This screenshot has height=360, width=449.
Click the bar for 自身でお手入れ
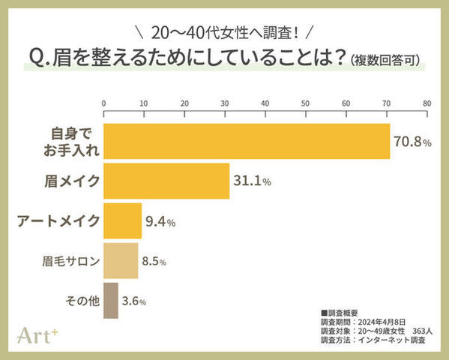tap(247, 142)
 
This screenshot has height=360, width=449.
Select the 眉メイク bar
tap(166, 181)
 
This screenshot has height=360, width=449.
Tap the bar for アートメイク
tap(122, 221)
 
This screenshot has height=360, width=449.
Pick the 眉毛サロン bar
tap(121, 261)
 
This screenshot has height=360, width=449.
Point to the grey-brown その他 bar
tap(111, 301)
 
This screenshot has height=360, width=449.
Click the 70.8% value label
tap(412, 142)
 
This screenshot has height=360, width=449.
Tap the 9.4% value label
tap(160, 222)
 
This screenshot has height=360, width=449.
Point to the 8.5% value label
tap(154, 262)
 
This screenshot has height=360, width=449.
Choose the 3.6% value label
tap(134, 301)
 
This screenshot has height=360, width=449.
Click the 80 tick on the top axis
tap(427, 104)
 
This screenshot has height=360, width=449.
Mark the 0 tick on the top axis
tap(103, 104)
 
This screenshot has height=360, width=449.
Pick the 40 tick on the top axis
tap(265, 104)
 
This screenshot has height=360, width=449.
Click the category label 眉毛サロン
tap(70, 262)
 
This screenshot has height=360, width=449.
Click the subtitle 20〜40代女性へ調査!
tap(224, 33)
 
